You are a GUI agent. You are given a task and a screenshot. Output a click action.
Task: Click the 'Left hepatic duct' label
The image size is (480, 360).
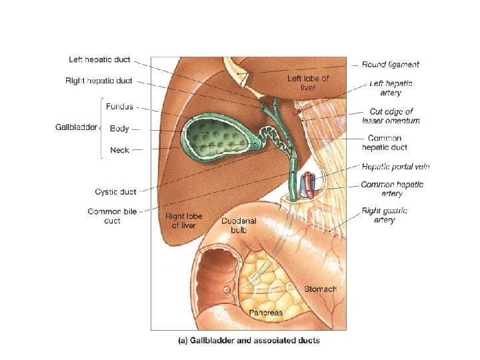point(100,59)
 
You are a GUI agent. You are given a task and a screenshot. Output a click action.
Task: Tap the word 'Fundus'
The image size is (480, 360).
point(119,105)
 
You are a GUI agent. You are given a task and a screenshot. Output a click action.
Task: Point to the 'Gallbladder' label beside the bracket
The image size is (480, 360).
point(75,127)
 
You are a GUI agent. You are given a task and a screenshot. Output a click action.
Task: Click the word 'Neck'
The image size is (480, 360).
point(119,150)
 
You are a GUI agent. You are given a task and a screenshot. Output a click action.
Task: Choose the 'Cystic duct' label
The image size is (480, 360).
point(115,191)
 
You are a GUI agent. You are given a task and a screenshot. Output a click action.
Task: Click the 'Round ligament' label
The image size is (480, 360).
point(391,65)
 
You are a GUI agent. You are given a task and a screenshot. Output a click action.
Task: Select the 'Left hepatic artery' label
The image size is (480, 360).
point(391,88)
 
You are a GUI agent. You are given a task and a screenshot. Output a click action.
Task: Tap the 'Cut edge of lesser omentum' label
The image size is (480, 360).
point(391,116)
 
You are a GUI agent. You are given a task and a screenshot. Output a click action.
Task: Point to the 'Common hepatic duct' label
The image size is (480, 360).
point(384,143)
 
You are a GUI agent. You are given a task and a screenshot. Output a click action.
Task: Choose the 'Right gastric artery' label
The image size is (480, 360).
point(385,215)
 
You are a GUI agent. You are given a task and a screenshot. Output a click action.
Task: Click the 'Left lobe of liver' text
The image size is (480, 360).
point(308,83)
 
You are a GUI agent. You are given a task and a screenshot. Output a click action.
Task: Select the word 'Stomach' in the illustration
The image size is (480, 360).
point(320,289)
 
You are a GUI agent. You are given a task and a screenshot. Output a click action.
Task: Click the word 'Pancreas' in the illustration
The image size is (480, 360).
point(265,312)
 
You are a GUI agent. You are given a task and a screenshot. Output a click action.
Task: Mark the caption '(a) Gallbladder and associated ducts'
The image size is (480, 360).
point(248,340)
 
